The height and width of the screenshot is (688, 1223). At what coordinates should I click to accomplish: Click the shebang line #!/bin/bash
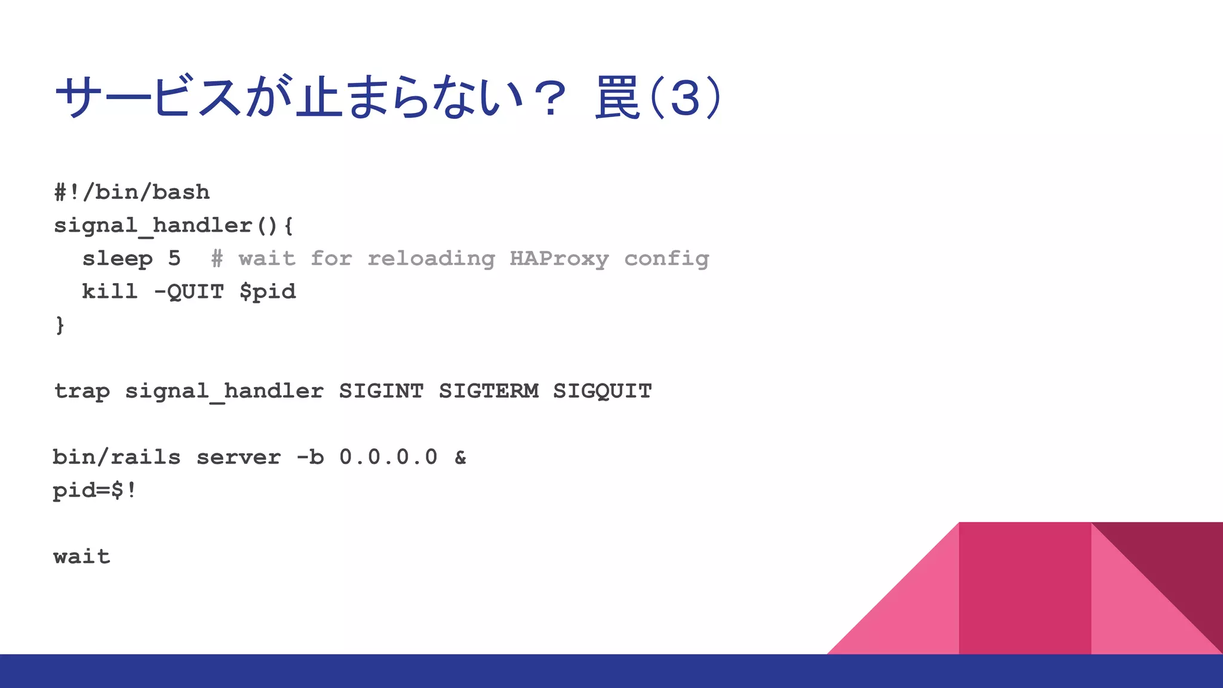[132, 192]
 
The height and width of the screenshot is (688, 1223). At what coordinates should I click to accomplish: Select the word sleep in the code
[118, 259]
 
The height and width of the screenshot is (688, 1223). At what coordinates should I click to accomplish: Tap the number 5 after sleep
[174, 259]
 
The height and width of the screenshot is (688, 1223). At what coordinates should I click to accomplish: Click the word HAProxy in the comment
[559, 259]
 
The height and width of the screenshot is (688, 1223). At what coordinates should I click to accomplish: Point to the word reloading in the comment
[431, 259]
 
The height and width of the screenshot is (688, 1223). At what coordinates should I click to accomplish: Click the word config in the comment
[666, 259]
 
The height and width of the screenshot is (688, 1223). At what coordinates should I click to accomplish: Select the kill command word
[110, 291]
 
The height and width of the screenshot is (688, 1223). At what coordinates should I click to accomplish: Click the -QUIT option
[189, 291]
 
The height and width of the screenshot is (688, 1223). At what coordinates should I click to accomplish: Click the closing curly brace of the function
[60, 325]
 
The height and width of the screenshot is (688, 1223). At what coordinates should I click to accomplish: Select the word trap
[82, 391]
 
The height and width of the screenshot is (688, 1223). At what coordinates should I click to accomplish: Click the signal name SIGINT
[381, 391]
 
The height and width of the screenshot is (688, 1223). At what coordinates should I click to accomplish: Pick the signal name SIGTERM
[488, 391]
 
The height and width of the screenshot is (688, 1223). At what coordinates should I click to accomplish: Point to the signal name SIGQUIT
[603, 391]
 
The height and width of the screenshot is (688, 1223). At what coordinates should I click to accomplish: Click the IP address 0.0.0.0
[388, 457]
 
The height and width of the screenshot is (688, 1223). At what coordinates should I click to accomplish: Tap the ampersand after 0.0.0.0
[460, 457]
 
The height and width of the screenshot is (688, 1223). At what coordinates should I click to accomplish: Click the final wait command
[82, 557]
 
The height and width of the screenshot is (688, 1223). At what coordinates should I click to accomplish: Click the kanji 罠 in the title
[617, 97]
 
